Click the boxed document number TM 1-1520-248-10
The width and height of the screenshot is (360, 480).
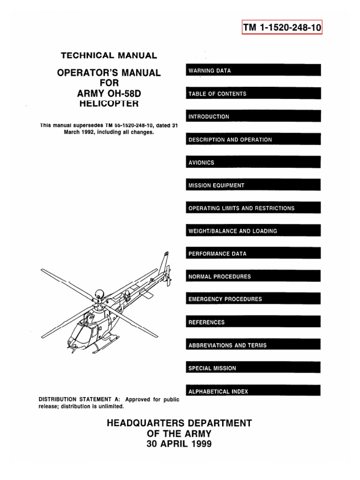point(283,28)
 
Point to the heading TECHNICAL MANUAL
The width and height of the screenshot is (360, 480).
point(109,55)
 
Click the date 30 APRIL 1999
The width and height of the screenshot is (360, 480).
point(180,443)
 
